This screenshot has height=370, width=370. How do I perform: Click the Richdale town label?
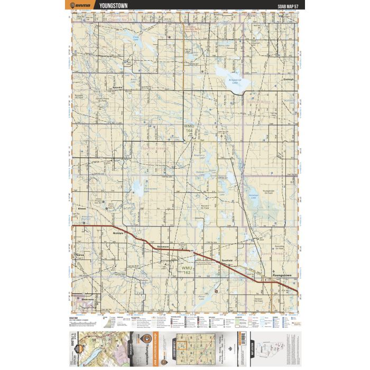(117, 232)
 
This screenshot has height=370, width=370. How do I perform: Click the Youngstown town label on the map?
(281, 276)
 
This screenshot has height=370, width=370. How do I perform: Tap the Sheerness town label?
(88, 300)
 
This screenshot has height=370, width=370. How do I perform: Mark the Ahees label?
(81, 210)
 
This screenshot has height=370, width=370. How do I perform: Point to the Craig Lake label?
(136, 38)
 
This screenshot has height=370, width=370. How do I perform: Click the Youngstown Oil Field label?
(269, 192)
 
